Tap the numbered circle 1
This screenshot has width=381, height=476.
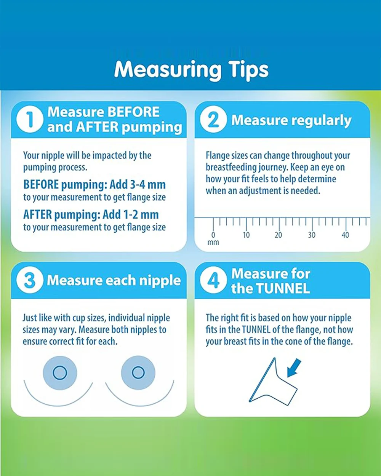click(x=30, y=120)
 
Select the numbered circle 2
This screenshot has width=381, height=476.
click(x=213, y=120)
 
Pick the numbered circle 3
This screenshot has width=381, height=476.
click(x=30, y=280)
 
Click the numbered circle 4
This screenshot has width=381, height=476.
click(x=213, y=280)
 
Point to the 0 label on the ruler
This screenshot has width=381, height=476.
click(x=213, y=235)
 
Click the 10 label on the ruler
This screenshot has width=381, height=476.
click(x=246, y=235)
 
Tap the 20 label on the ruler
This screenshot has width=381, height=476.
click(x=279, y=235)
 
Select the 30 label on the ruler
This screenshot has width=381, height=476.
click(x=312, y=235)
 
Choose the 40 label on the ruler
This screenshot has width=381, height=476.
click(x=345, y=235)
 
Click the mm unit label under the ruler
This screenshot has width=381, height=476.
click(x=213, y=243)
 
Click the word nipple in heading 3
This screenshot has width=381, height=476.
click(x=160, y=281)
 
